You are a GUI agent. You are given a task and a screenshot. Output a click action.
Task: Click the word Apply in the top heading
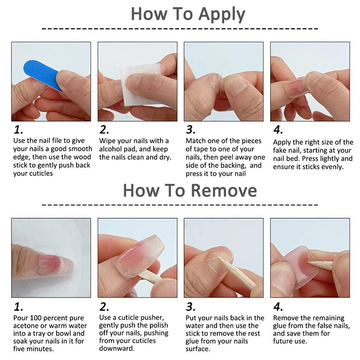click(x=222, y=14)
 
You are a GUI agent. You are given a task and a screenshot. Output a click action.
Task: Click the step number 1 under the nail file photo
click(x=18, y=130)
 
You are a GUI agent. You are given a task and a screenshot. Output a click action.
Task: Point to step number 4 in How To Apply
click(x=278, y=130)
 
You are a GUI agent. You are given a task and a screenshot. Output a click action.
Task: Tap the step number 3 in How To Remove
click(x=190, y=307)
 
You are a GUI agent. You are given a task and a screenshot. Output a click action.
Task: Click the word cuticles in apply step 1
click(x=40, y=173)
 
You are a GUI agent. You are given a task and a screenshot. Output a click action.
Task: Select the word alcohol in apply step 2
click(x=110, y=149)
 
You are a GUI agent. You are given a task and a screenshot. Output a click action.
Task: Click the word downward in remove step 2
click(x=117, y=348)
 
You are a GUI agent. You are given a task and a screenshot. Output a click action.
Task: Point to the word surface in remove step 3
click(x=198, y=349)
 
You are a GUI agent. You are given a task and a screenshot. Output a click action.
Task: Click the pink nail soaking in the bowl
click(x=55, y=265)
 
